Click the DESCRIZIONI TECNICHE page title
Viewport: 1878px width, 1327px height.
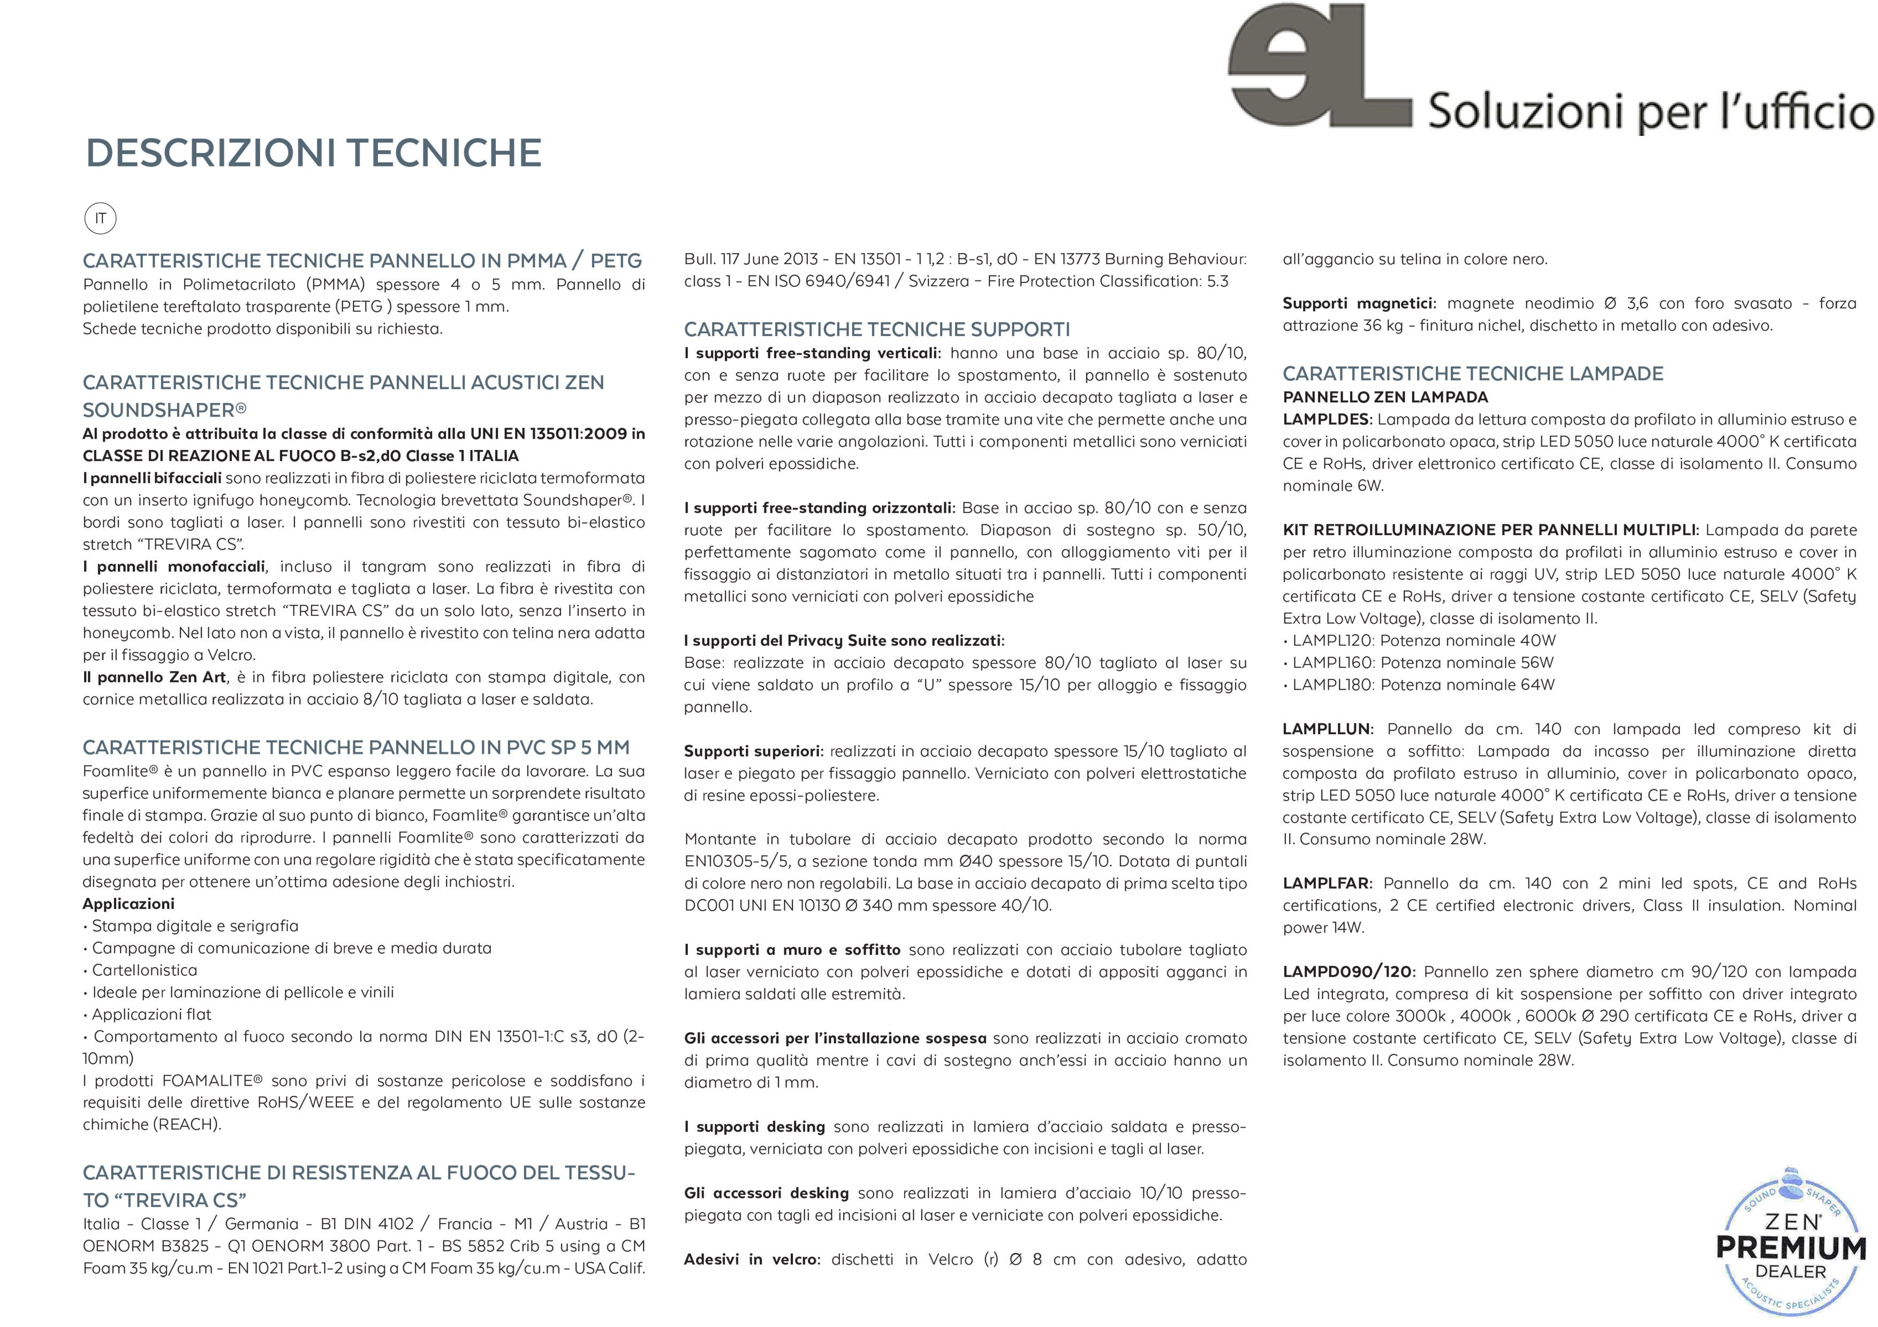313,153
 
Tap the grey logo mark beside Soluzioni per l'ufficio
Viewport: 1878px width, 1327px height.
1319,67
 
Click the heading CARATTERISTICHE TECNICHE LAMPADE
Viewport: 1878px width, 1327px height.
1472,373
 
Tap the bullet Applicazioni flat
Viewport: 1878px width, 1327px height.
152,1015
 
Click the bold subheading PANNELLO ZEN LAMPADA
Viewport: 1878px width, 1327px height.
1385,398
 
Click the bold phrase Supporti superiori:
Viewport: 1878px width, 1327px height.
753,751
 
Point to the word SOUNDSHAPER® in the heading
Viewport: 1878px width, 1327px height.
164,410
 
